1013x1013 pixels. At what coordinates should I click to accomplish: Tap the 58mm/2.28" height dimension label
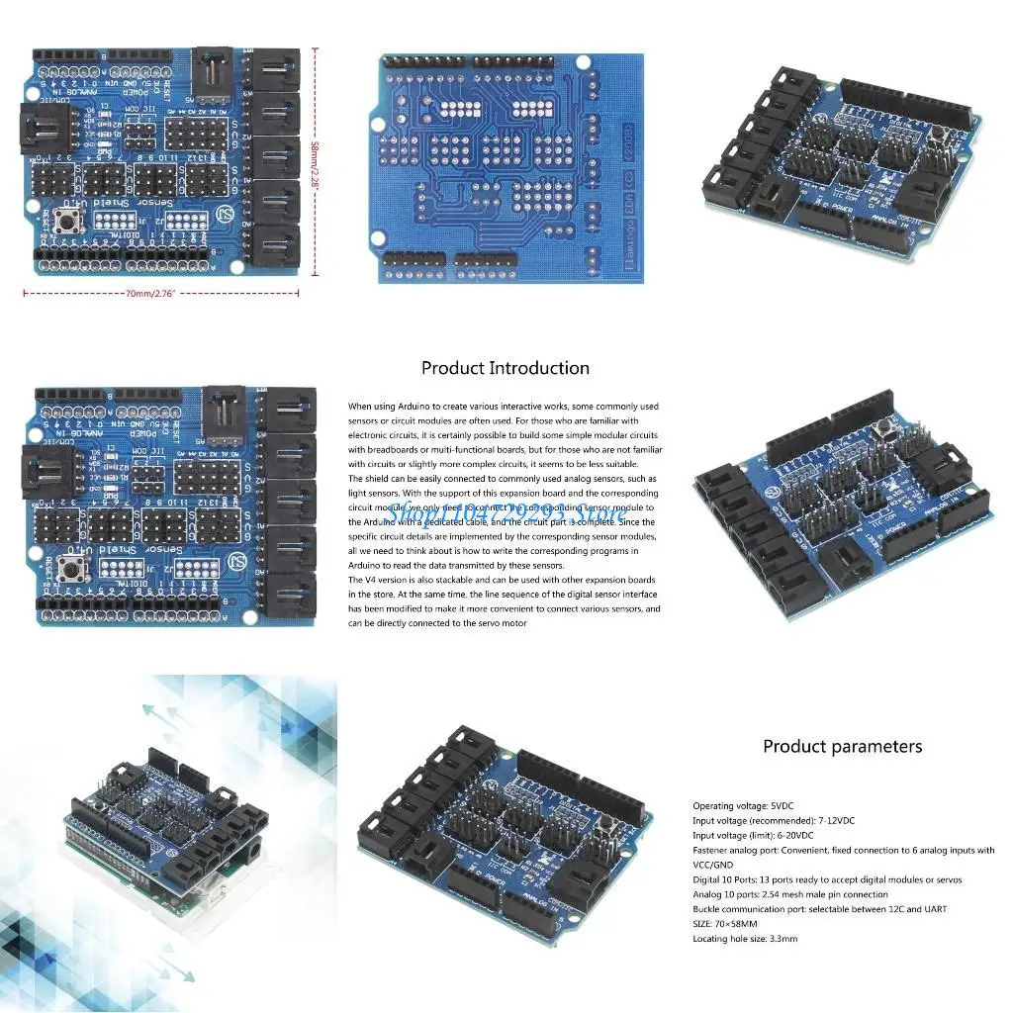(317, 158)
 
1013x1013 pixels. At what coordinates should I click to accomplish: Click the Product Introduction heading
(506, 368)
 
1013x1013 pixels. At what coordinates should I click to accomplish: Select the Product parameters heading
(842, 747)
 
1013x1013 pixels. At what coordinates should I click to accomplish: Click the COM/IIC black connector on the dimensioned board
(46, 130)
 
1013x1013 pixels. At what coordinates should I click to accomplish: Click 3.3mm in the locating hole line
(780, 939)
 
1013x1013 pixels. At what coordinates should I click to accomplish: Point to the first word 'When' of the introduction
(359, 407)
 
